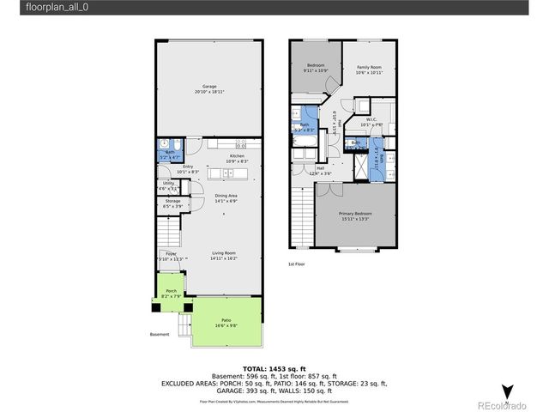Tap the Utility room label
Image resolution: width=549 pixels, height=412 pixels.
[x=169, y=185]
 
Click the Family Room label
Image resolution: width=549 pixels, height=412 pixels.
[x=370, y=70]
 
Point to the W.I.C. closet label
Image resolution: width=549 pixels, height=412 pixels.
[x=371, y=121]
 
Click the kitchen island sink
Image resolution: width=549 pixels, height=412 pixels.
[x=228, y=173]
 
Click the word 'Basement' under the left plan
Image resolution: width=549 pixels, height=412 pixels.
[x=160, y=335]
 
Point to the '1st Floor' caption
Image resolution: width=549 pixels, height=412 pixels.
[x=298, y=264]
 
